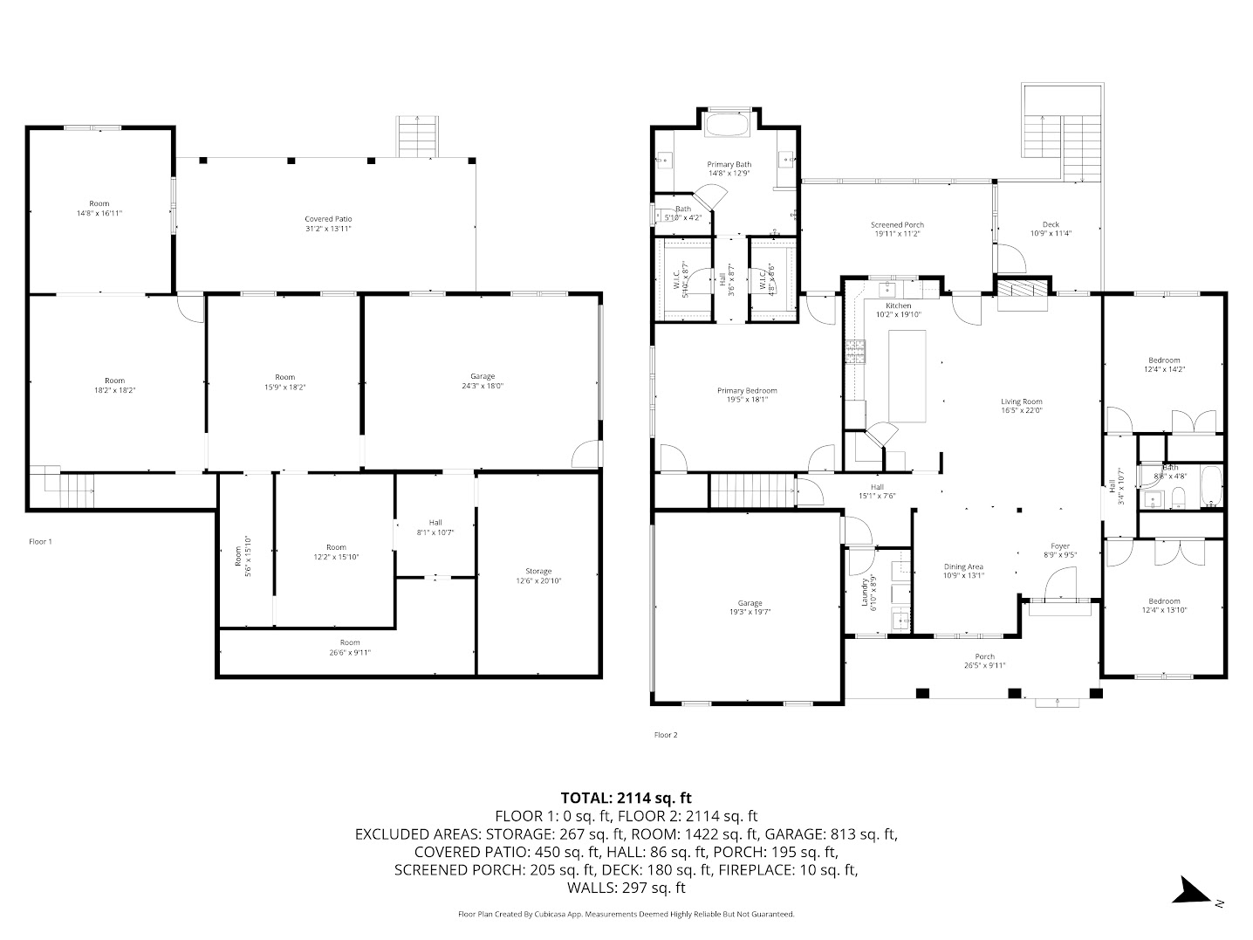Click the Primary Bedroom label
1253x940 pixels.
pyautogui.click(x=747, y=391)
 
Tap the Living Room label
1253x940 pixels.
pyautogui.click(x=1021, y=401)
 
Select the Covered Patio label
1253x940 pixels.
pyautogui.click(x=328, y=219)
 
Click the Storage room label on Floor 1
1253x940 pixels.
pyautogui.click(x=538, y=571)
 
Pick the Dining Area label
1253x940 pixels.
pyautogui.click(x=963, y=566)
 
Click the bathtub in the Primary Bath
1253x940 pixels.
pyautogui.click(x=727, y=126)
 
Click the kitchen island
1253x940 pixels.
pyautogui.click(x=907, y=375)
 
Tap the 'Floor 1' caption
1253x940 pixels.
pyautogui.click(x=41, y=542)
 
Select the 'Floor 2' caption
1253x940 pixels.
pyautogui.click(x=666, y=735)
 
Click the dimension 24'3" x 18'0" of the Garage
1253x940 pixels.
pyautogui.click(x=483, y=387)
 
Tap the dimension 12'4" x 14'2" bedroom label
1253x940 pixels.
pyautogui.click(x=1164, y=369)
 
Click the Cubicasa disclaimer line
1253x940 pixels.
pyautogui.click(x=626, y=914)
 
